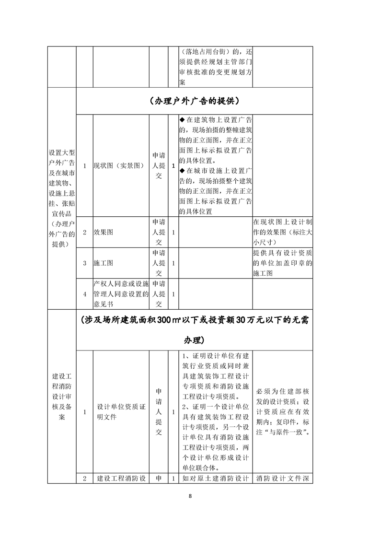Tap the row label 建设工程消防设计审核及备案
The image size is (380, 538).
point(61,396)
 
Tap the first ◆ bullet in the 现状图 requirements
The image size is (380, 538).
point(182,119)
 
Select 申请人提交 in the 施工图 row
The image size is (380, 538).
point(159,263)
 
